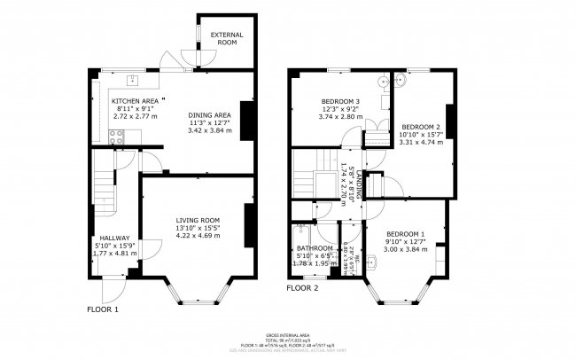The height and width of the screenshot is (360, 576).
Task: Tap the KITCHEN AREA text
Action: point(135,101)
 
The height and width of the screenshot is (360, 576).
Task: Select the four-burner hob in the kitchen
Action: point(115,137)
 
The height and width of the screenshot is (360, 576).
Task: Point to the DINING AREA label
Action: point(209,114)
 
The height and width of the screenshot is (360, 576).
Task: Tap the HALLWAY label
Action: point(115,238)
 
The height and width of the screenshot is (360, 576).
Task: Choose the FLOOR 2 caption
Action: point(302,288)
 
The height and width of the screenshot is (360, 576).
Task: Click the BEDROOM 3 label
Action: point(339,101)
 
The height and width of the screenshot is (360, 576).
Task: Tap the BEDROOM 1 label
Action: point(405,234)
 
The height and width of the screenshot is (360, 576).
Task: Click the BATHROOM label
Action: point(315,248)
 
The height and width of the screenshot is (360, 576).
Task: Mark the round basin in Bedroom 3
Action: point(383,82)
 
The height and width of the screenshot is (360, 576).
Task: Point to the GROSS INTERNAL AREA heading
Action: point(287,327)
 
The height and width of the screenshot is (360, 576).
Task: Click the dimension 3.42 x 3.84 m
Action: point(209,129)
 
